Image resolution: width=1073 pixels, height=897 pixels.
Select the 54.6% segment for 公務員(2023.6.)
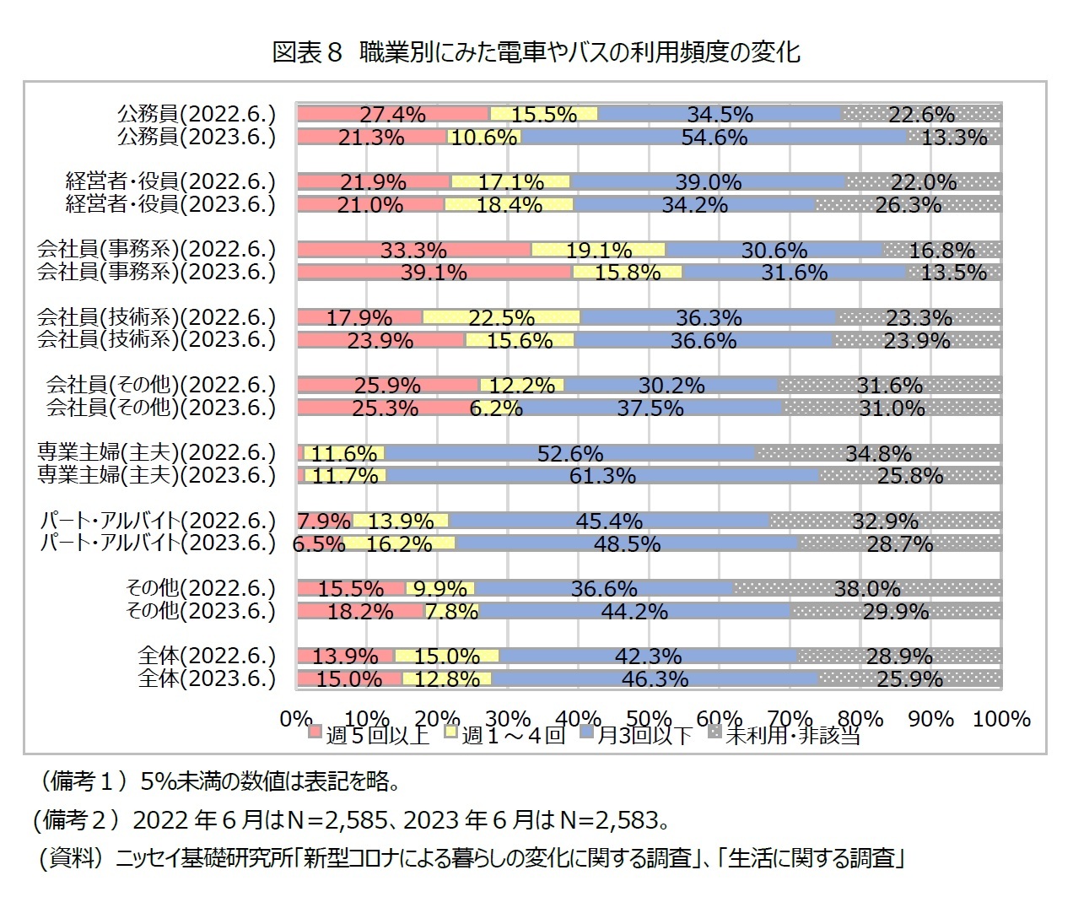coord(714,137)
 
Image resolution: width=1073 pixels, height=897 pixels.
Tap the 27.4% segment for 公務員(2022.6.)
coord(392,114)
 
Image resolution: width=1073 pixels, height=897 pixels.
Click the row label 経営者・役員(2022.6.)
coord(170,181)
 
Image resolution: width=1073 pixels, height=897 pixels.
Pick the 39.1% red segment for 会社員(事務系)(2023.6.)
coord(434,272)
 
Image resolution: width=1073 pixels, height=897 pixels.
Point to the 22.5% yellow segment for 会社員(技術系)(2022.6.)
coord(500,317)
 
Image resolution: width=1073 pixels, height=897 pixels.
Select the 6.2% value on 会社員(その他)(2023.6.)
coord(497,408)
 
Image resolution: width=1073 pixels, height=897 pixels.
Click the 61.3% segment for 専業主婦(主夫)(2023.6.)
coord(602,476)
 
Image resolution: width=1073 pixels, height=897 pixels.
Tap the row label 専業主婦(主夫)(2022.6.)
coord(156,452)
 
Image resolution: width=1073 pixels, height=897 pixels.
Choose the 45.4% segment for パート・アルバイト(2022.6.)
coord(608,521)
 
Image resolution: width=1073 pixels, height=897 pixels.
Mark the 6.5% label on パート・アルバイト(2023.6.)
coord(319,544)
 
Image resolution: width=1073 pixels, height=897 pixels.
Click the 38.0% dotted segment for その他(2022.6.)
coord(867,588)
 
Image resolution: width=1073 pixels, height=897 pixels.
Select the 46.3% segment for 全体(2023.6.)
coord(655,678)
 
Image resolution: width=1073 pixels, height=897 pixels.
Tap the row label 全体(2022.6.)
coord(207,656)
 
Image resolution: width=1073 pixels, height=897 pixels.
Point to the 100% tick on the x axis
coord(1001,719)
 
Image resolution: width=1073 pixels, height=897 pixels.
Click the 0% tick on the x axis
coord(296,719)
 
